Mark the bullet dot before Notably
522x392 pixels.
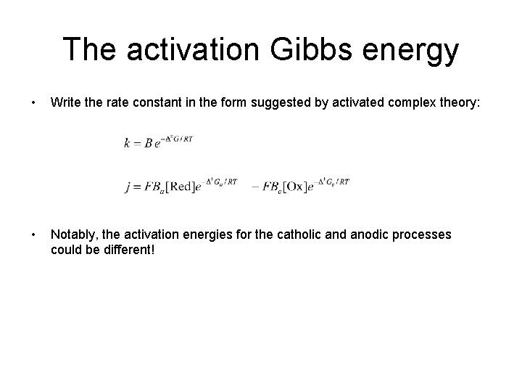click(25, 234)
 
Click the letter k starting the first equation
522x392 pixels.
click(128, 143)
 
